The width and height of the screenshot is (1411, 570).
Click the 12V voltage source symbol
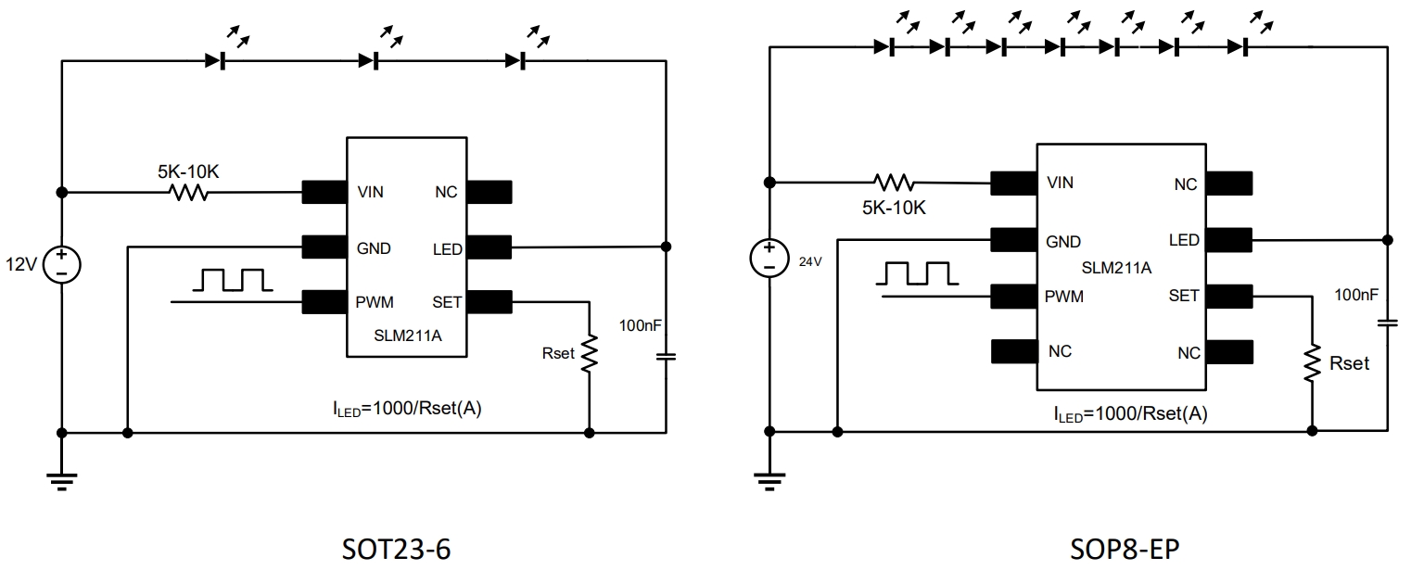coord(61,264)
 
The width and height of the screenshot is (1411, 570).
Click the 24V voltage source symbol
coord(769,256)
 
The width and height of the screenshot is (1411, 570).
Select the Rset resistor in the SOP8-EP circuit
coord(1311,363)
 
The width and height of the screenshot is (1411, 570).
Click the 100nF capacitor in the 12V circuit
coord(666,355)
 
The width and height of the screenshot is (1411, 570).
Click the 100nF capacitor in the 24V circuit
coord(1387,323)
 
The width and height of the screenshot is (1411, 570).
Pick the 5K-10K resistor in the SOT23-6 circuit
coord(187,193)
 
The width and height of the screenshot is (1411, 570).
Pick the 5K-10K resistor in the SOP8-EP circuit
coord(894,182)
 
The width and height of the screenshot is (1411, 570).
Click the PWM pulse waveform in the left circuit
coord(228,279)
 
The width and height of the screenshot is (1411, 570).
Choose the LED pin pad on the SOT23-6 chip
coord(489,247)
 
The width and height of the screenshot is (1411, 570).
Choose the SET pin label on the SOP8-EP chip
coord(1184,296)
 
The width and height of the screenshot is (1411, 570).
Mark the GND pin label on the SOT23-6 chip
coord(374,248)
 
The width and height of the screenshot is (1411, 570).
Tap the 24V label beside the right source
coord(811,261)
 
